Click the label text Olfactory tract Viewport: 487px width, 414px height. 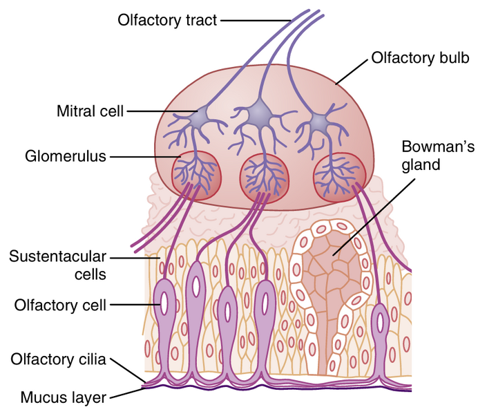(166, 20)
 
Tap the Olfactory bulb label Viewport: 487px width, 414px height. (420, 58)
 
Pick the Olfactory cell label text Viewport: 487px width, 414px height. (59, 304)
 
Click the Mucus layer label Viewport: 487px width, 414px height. (63, 397)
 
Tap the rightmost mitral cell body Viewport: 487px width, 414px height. (319, 123)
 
